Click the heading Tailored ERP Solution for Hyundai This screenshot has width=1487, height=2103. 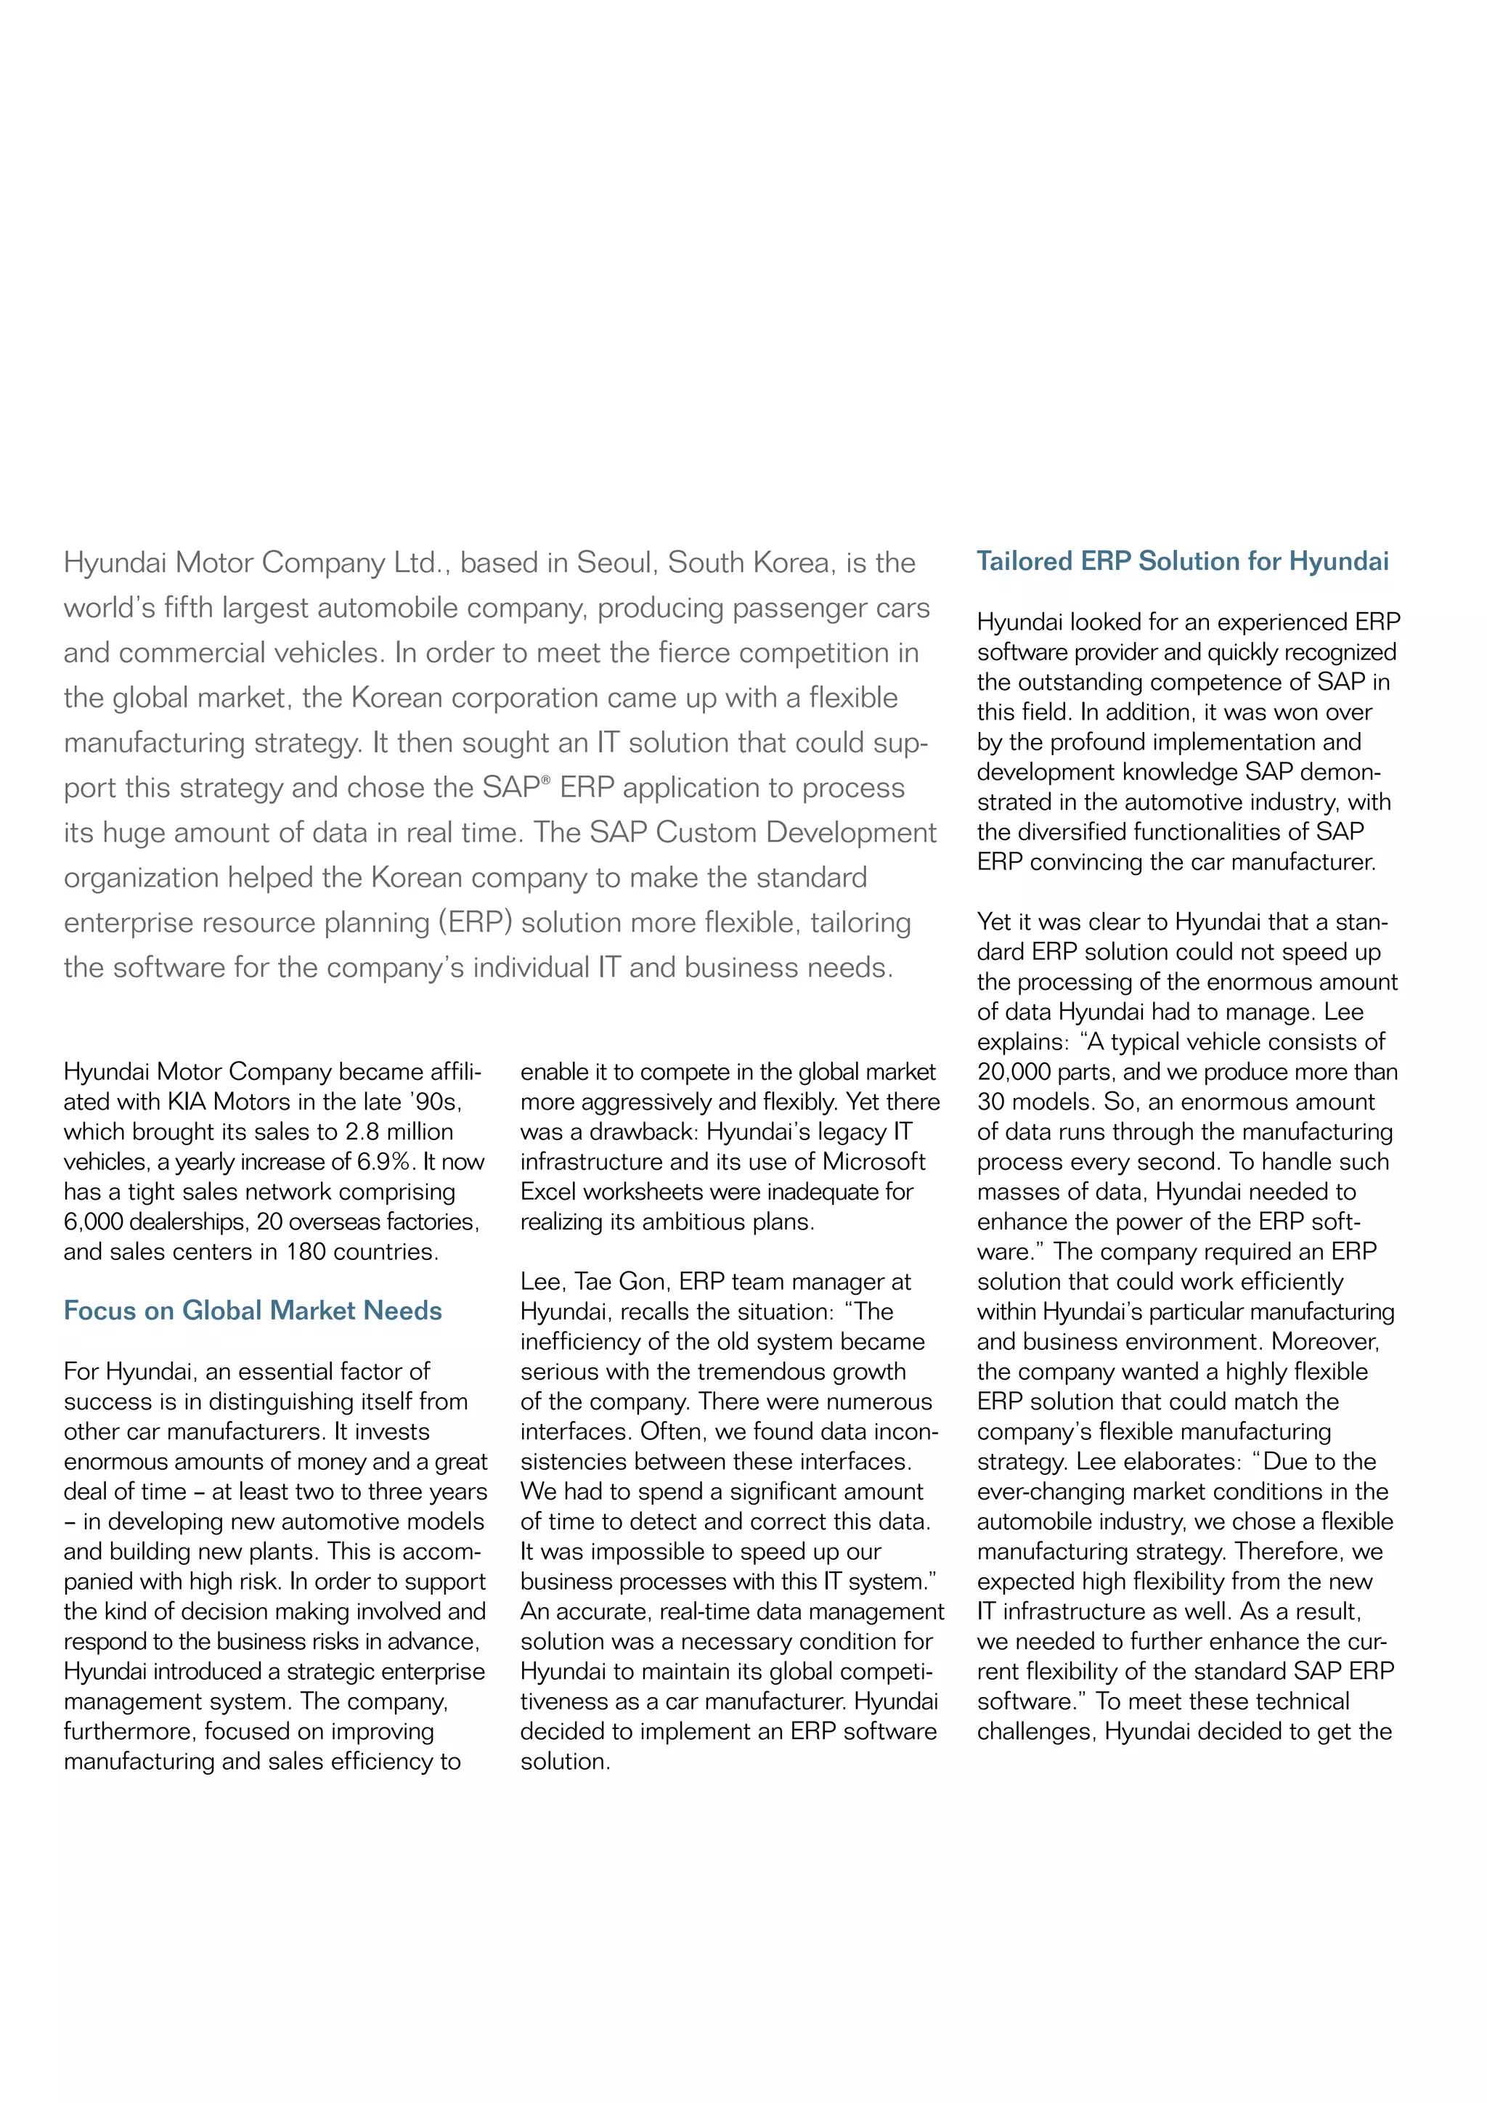click(x=1182, y=561)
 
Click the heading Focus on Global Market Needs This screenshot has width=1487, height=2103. click(x=253, y=1311)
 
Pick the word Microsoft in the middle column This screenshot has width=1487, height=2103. click(x=873, y=1161)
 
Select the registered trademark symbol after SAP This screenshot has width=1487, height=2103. click(x=546, y=781)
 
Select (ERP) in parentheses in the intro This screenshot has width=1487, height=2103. click(x=476, y=922)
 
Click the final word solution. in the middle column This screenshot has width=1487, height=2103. click(x=565, y=1762)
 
